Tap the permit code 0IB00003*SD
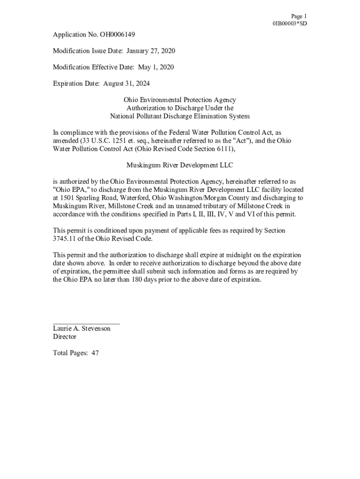[x=290, y=23]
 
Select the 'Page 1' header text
[x=298, y=16]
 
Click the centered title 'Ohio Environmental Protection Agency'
[x=180, y=100]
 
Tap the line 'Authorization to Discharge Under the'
[x=180, y=108]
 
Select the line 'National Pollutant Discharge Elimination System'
[x=180, y=116]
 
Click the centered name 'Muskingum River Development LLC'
[x=180, y=165]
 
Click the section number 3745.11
[x=65, y=239]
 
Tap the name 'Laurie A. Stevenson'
[x=82, y=328]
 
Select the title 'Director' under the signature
[x=65, y=337]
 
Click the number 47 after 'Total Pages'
[x=95, y=353]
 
